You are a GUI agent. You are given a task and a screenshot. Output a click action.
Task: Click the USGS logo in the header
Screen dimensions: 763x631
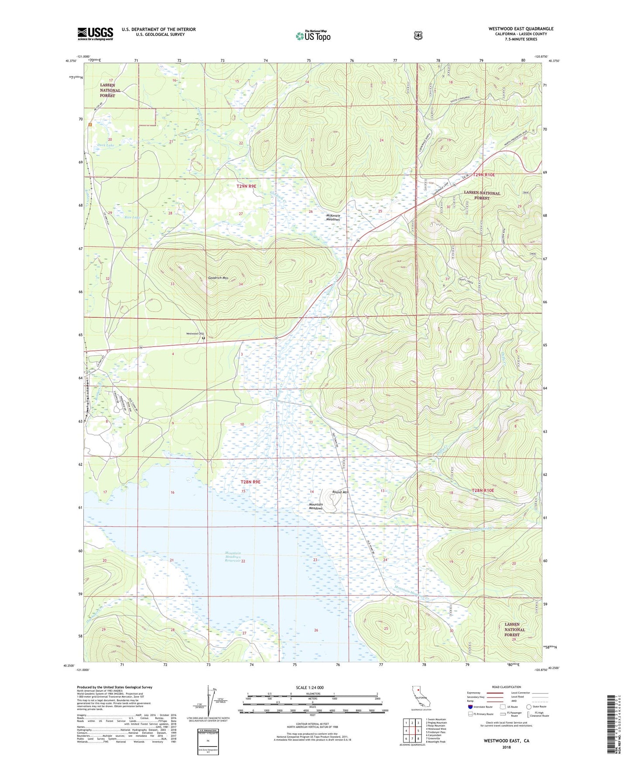point(95,34)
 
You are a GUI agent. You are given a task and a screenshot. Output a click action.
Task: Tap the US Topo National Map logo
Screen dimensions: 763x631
point(313,35)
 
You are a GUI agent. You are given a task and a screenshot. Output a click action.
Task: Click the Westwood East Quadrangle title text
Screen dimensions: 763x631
point(521,29)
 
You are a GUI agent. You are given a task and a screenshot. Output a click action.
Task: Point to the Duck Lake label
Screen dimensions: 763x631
point(105,145)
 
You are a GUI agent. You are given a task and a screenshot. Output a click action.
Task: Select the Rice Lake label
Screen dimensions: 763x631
point(132,217)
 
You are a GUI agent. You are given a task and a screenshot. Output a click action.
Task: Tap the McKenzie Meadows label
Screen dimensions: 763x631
point(339,217)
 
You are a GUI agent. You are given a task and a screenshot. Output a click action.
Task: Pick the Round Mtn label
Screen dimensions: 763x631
point(340,492)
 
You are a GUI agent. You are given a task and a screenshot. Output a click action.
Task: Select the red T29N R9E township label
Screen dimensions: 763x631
point(246,186)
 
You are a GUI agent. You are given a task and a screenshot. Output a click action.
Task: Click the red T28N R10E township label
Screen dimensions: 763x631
point(483,490)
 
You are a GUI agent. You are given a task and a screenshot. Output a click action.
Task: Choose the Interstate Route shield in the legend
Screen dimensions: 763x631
point(470,706)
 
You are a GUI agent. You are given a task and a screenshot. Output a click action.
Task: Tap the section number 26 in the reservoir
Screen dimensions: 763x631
point(316,630)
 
